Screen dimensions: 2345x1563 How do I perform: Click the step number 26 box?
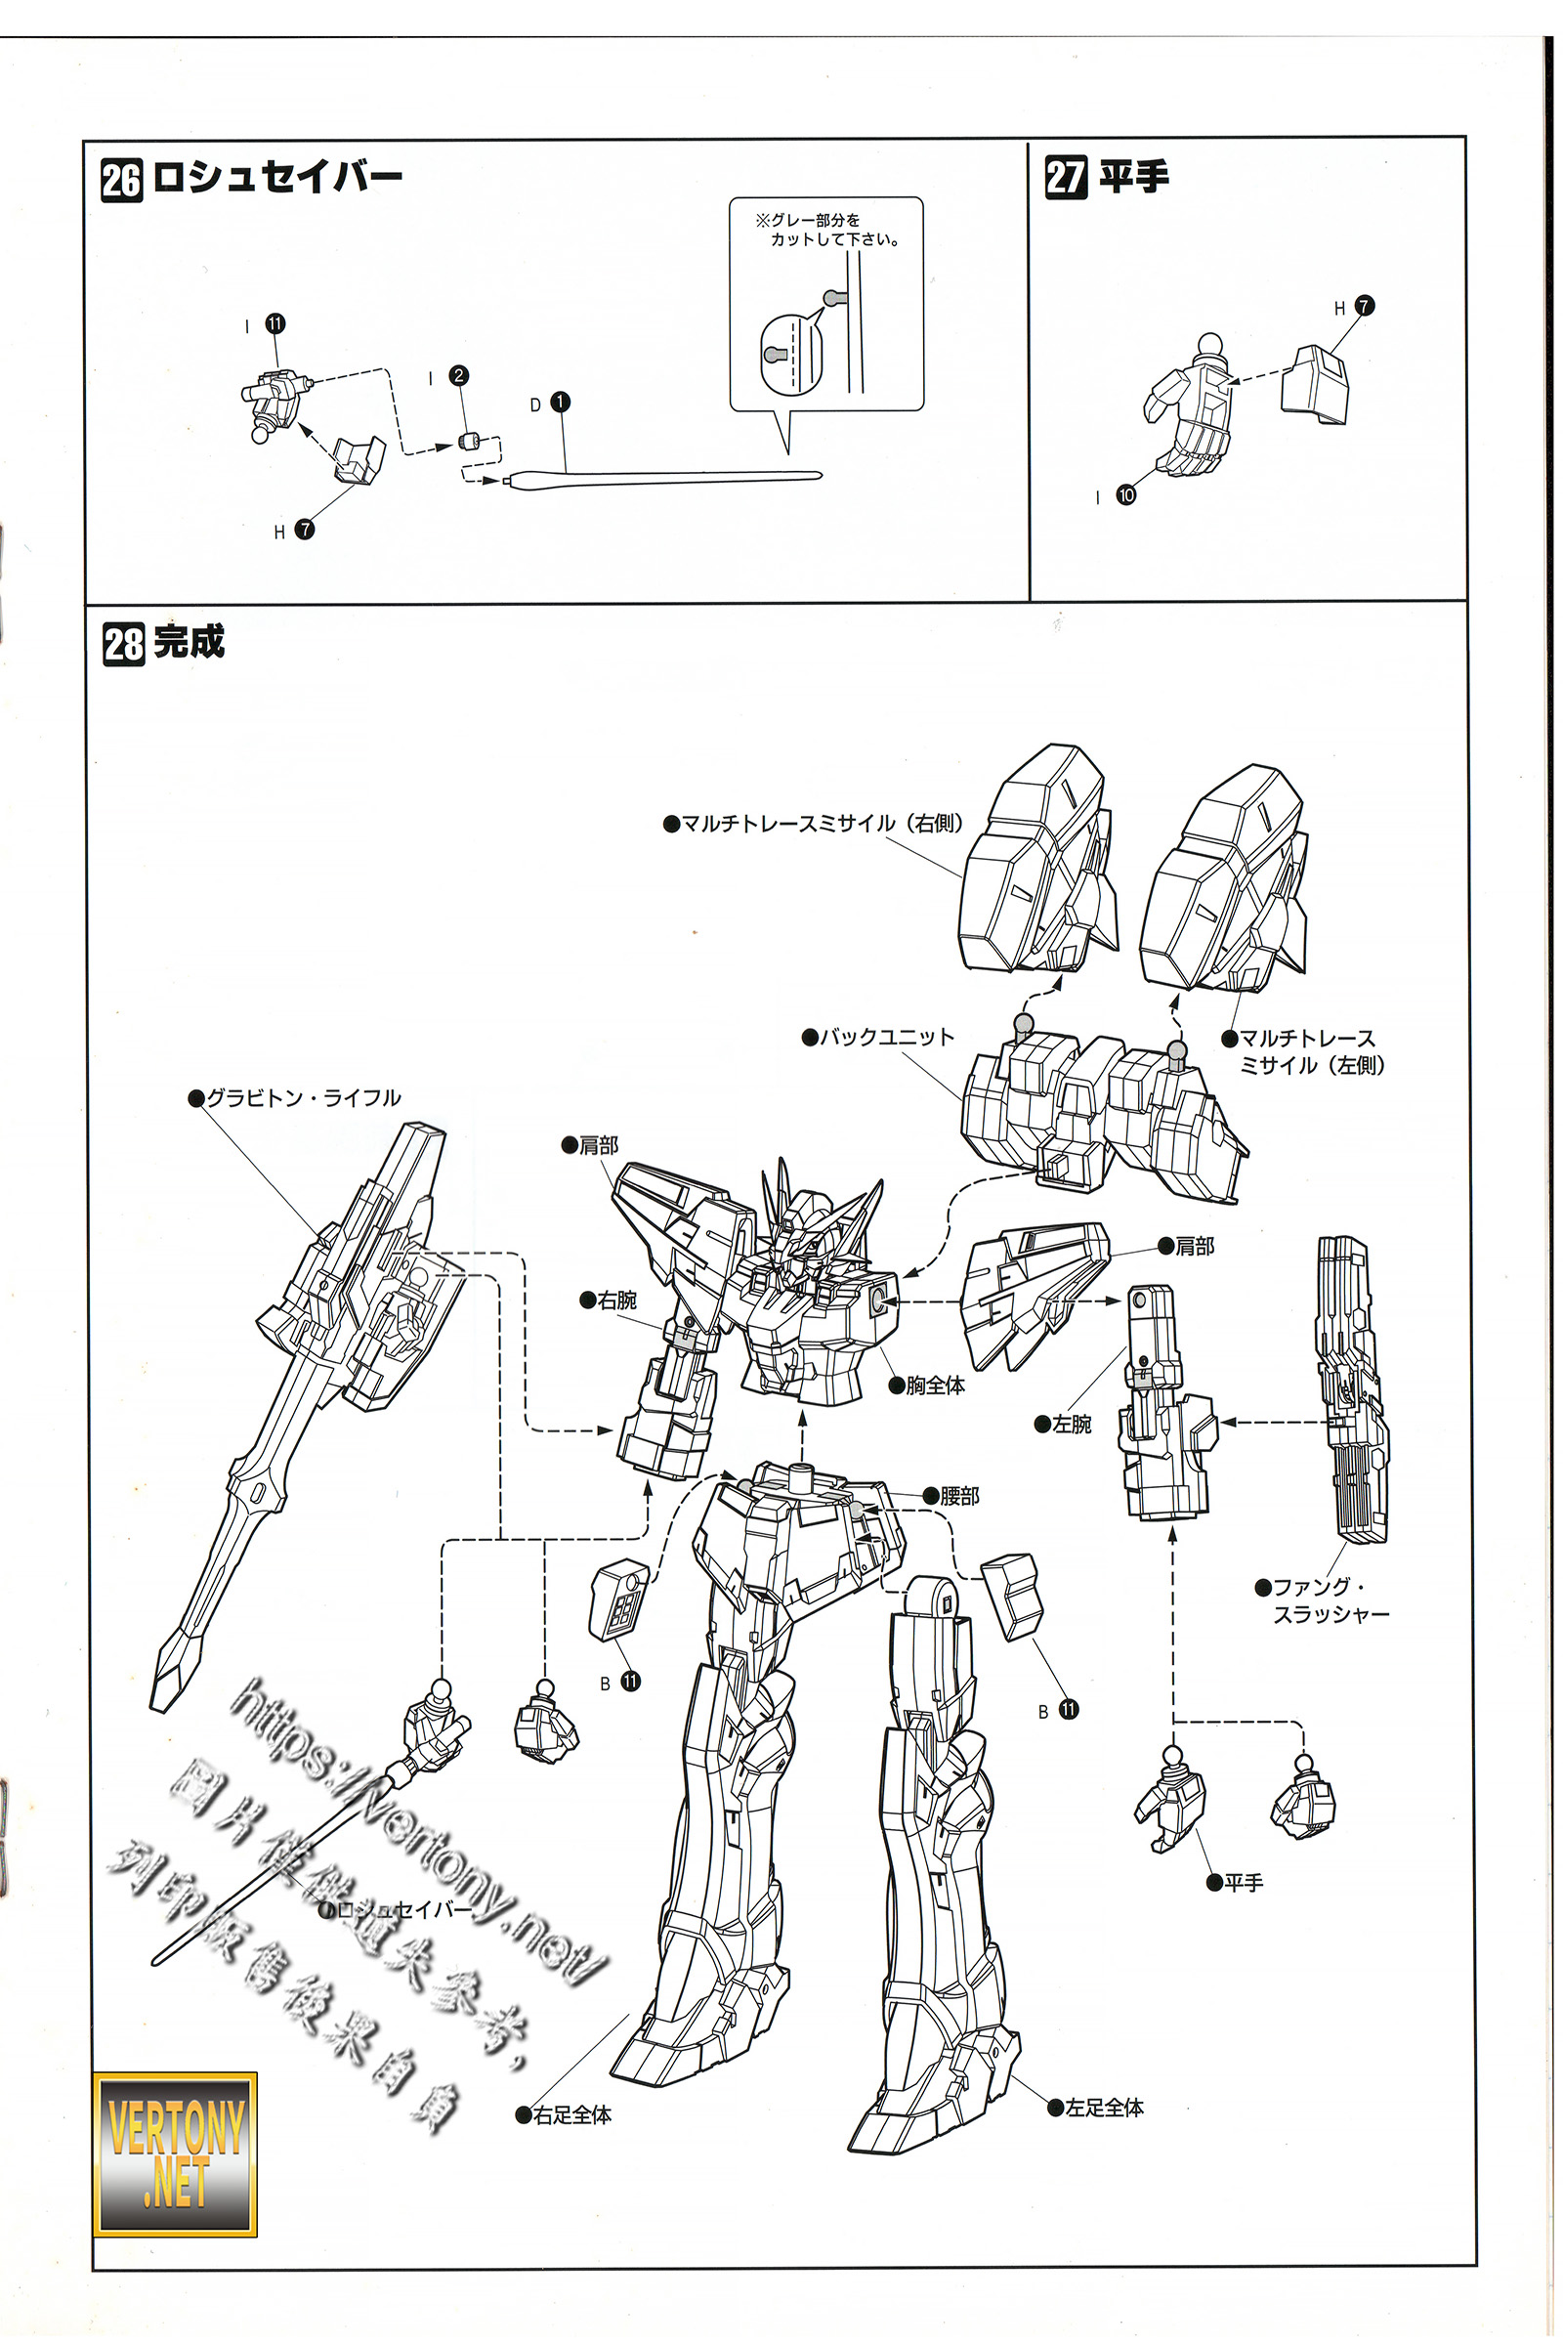[x=121, y=182]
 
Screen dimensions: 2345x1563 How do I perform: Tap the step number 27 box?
[x=1065, y=178]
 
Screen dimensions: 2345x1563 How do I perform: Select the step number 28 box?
[x=124, y=644]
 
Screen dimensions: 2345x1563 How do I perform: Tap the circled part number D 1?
[x=560, y=402]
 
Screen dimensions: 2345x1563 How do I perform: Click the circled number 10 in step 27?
[x=1126, y=494]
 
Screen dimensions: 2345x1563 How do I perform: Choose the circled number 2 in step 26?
[x=458, y=375]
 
